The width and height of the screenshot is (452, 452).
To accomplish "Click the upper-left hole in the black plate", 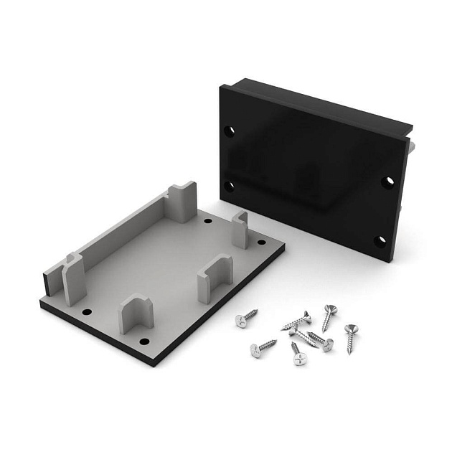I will tap(230, 132).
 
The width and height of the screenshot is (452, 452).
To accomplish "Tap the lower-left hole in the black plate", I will tap(230, 185).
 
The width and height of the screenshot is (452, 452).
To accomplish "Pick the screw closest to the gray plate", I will tap(246, 317).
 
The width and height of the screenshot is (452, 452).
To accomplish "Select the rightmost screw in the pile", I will tap(352, 337).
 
